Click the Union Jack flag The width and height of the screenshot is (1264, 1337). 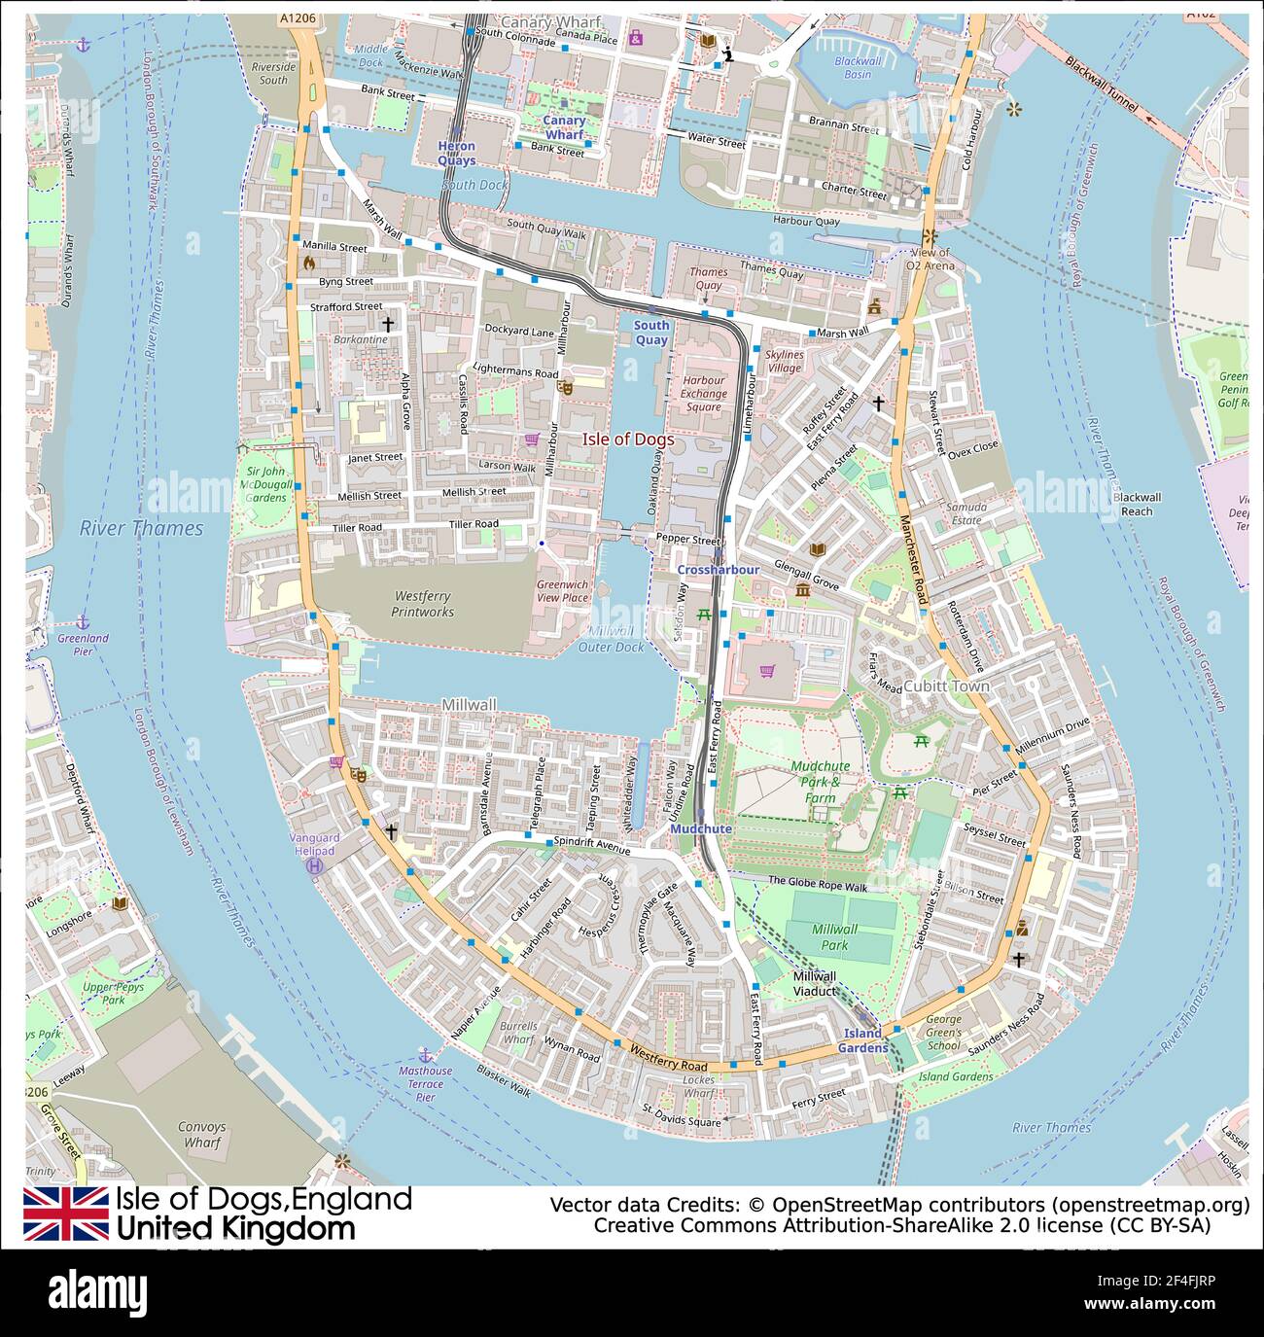65,1214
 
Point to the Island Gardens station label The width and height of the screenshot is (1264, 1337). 862,1039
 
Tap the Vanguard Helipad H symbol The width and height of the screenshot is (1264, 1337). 315,865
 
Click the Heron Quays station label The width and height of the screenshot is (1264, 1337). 456,153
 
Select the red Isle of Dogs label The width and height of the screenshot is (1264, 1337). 627,440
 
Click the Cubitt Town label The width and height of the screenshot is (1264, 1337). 946,686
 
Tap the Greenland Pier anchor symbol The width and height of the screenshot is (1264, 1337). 83,620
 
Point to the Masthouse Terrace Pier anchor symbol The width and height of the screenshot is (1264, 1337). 424,1054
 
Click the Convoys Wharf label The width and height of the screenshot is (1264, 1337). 201,1135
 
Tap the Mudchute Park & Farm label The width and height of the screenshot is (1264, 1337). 820,782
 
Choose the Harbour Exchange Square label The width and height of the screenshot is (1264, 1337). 703,394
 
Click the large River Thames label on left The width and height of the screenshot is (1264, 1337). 142,528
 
